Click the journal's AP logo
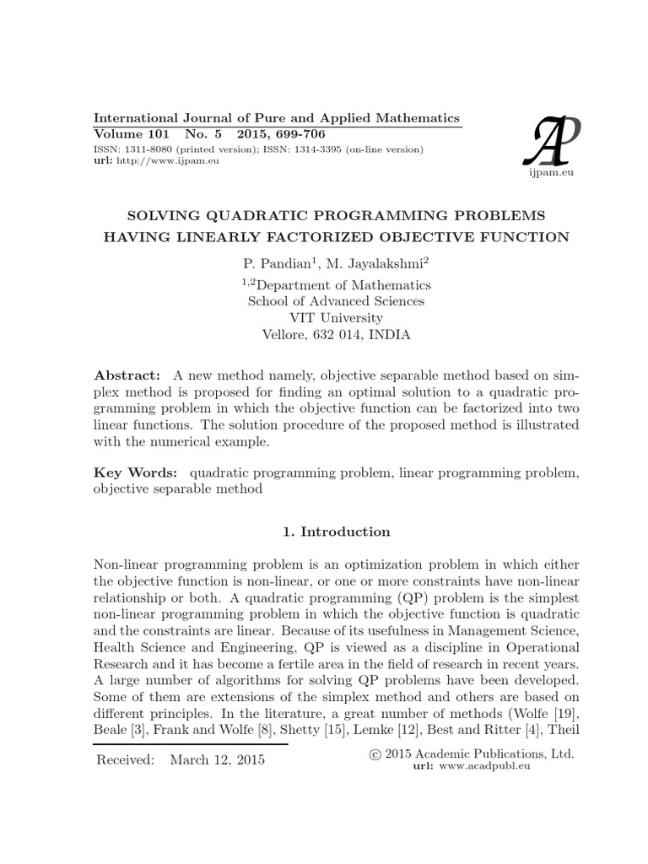point(551,138)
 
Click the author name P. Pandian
point(269,264)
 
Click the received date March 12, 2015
point(217,759)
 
